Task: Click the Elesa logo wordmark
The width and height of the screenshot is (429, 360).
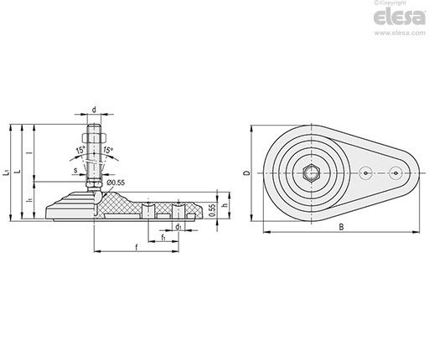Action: (x=400, y=18)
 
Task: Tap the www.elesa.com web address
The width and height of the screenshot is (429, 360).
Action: (x=400, y=33)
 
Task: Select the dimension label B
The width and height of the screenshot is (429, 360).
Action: (x=341, y=227)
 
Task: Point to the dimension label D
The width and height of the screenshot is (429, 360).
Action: (x=246, y=173)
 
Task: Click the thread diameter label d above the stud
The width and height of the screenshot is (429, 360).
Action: (x=94, y=110)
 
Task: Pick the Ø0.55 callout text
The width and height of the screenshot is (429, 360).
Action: (x=116, y=183)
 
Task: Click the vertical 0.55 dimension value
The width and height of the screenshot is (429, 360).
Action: (x=212, y=210)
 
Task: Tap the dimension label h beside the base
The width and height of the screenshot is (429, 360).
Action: (x=225, y=205)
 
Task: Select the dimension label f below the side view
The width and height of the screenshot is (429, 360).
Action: (x=137, y=247)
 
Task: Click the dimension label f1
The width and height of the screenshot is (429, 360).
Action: (x=163, y=238)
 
